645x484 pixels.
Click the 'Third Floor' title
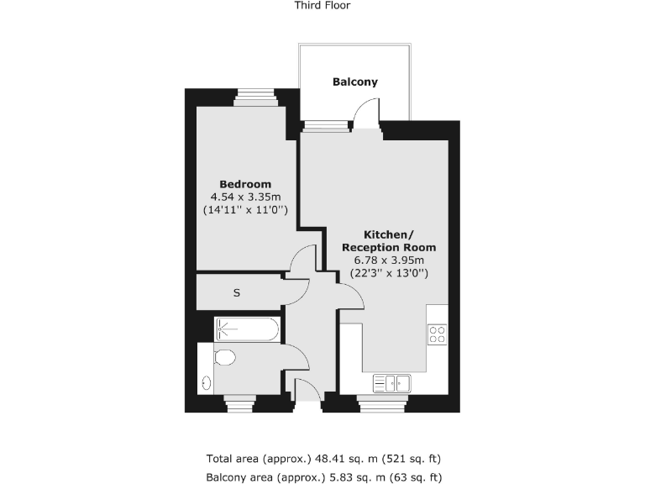322,5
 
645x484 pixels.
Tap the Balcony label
355,82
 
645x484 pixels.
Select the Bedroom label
245,185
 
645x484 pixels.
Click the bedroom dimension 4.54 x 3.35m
245,197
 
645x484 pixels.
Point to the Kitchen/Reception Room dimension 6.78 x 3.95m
387,260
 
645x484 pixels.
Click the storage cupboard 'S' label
237,293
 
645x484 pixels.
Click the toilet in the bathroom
223,358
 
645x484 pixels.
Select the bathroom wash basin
207,382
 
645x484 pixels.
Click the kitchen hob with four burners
438,334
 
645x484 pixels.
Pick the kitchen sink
391,383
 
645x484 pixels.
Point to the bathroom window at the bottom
240,404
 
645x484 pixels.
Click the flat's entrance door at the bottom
307,393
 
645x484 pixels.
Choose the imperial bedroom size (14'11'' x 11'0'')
245,210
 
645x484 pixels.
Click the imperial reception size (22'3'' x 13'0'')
387,273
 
